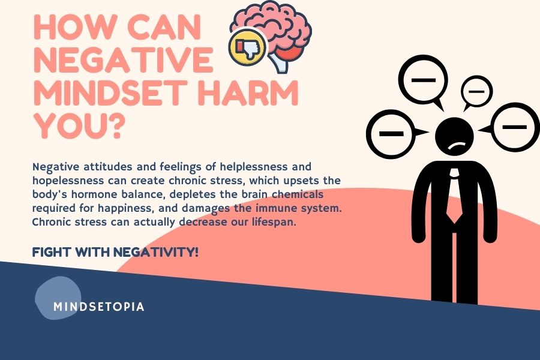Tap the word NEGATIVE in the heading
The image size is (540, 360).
pos(123,60)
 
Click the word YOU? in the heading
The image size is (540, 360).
pos(79,125)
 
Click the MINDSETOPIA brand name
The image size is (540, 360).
pos(99,307)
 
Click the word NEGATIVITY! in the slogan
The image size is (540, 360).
pos(156,252)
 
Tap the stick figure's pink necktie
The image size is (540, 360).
pos(454,196)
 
